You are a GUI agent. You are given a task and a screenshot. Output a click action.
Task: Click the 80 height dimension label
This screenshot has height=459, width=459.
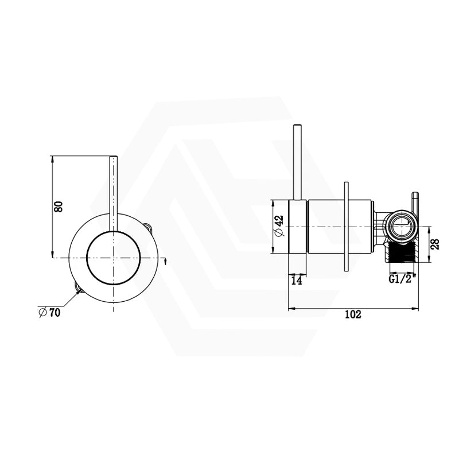point(59,207)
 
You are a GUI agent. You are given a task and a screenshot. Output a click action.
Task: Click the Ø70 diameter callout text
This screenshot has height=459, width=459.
point(50,313)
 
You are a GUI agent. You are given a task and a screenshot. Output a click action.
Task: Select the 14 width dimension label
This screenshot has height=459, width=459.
point(297,281)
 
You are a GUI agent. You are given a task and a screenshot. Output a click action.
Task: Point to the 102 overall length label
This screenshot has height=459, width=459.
point(353,314)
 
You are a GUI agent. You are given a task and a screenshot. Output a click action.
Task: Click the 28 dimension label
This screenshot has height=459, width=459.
point(435,244)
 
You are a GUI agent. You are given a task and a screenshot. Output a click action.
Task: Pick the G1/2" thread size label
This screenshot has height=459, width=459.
point(400,279)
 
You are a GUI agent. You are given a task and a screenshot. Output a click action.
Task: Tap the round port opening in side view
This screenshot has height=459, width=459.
point(400,226)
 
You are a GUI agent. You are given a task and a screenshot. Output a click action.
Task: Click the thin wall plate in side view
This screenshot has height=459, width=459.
point(347,226)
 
